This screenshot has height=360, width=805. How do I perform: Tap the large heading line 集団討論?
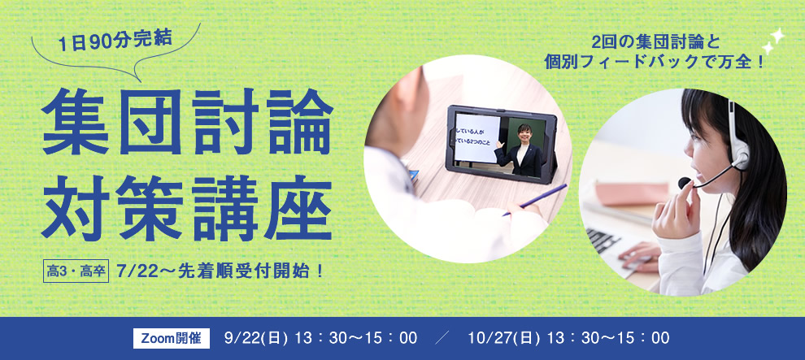(187, 122)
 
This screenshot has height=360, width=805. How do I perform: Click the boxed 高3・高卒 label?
(76, 271)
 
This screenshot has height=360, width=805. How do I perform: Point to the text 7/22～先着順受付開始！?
(221, 271)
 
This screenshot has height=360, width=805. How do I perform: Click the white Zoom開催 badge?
(172, 338)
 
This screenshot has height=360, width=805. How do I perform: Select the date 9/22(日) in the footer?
(255, 338)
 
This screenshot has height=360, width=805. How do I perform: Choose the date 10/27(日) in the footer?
(504, 338)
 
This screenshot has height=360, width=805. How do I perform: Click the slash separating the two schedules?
(442, 338)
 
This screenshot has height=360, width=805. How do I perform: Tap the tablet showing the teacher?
(501, 144)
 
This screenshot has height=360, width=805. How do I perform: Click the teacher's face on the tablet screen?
(524, 133)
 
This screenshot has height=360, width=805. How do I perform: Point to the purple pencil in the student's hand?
(536, 199)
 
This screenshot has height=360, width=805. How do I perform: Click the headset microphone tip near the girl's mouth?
(684, 183)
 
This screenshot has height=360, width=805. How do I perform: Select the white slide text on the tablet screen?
(477, 138)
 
